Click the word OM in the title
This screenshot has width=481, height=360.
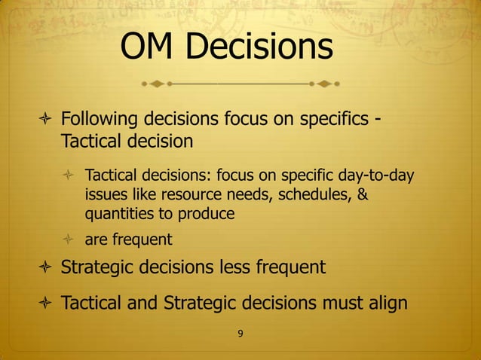coord(149,47)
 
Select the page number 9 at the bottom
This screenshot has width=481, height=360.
coord(240,334)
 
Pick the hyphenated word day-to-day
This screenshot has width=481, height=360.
coord(378,176)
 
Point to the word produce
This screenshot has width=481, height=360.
coord(207,214)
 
